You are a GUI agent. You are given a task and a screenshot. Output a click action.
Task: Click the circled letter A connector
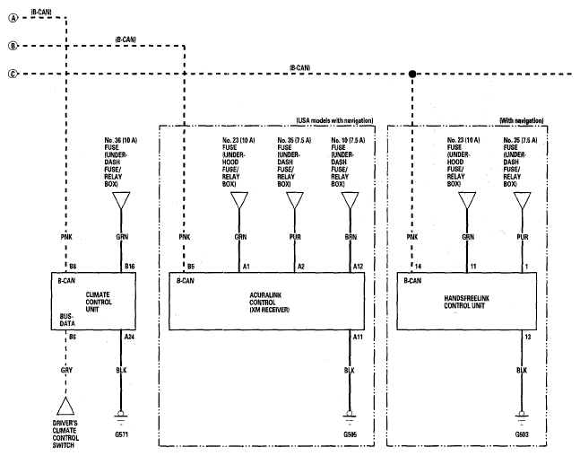pyautogui.click(x=13, y=18)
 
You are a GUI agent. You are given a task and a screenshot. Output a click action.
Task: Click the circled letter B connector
pyautogui.click(x=13, y=46)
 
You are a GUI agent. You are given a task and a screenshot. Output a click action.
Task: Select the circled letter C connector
pyautogui.click(x=13, y=75)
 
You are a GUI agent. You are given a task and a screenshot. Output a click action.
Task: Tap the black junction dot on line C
pyautogui.click(x=412, y=75)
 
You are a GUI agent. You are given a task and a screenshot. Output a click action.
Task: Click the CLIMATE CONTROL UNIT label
pyautogui.click(x=99, y=302)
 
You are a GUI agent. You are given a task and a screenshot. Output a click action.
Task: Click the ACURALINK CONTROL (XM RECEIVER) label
pyautogui.click(x=269, y=303)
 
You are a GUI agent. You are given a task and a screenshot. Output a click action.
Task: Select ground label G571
pyautogui.click(x=121, y=434)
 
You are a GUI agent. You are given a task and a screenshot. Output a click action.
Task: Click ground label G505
pyautogui.click(x=350, y=434)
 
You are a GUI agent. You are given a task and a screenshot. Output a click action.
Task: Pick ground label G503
pyautogui.click(x=522, y=434)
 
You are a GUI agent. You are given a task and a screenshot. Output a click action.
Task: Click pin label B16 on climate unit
pyautogui.click(x=130, y=267)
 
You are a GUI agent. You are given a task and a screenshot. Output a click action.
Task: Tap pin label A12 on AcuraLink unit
pyautogui.click(x=358, y=267)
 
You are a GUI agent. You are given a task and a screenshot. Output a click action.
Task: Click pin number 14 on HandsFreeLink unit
pyautogui.click(x=418, y=267)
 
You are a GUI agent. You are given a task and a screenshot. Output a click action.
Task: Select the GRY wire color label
pyautogui.click(x=66, y=370)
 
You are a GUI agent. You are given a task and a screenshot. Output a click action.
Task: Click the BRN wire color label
pyautogui.click(x=351, y=237)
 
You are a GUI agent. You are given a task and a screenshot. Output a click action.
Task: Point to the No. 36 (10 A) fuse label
pyautogui.click(x=121, y=140)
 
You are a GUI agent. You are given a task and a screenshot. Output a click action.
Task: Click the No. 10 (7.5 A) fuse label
pyautogui.click(x=348, y=140)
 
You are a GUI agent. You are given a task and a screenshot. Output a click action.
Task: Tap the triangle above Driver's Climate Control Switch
pyautogui.click(x=65, y=406)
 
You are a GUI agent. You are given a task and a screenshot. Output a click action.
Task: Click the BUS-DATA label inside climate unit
pyautogui.click(x=67, y=320)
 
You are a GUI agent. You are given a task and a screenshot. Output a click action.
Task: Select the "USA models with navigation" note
pyautogui.click(x=334, y=121)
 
